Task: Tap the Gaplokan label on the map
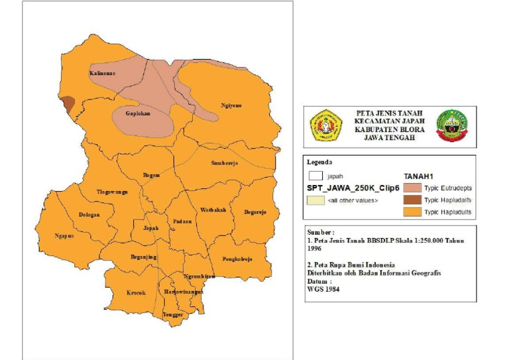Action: (x=139, y=113)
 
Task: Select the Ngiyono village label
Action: (x=231, y=105)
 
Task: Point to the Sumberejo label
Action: (x=224, y=162)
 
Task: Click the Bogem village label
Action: (x=151, y=175)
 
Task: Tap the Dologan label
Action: (x=89, y=214)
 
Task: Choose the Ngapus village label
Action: (x=64, y=235)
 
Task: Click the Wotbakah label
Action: (x=213, y=210)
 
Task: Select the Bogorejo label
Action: (x=254, y=212)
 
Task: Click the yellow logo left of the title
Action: (x=326, y=126)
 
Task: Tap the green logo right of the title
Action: (x=452, y=126)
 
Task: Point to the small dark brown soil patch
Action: (x=67, y=103)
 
